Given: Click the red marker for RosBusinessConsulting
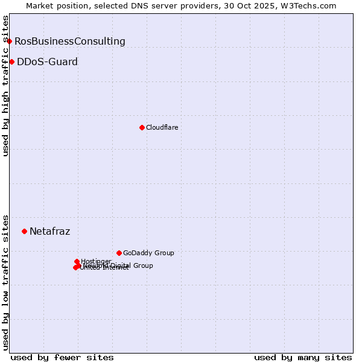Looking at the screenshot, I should (x=10, y=41).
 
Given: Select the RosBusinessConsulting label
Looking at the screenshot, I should (x=70, y=42).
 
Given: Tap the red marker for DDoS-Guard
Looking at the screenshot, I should (x=11, y=62).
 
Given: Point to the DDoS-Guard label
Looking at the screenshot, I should (x=47, y=62).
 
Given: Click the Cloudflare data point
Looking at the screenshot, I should (x=142, y=127).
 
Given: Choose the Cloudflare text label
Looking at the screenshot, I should (x=162, y=128).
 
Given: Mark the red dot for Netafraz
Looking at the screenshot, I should (x=24, y=231).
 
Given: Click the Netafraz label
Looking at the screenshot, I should (x=49, y=232).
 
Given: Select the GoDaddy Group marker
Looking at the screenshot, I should (x=119, y=253).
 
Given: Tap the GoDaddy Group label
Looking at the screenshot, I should (x=148, y=253).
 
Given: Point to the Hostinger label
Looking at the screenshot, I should (x=96, y=261).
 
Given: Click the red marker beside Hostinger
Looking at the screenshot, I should (x=77, y=261).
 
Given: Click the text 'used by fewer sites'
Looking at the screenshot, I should (x=62, y=357).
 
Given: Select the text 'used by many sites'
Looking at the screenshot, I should (x=303, y=357).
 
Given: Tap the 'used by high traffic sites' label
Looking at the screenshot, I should (x=6, y=86).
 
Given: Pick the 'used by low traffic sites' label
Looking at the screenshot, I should (x=6, y=282).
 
